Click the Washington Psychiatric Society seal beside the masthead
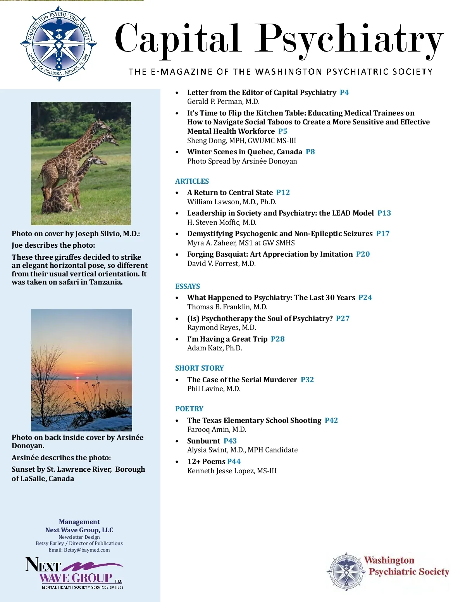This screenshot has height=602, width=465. (x=59, y=43)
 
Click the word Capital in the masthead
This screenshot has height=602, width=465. (x=177, y=39)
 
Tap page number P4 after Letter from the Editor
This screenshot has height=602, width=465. (x=344, y=92)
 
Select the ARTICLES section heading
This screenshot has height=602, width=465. (x=192, y=181)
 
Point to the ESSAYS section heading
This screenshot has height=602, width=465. (x=188, y=286)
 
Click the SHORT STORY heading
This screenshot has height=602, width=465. (x=199, y=368)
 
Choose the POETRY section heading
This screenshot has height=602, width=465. (x=189, y=409)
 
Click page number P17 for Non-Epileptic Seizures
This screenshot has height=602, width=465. (x=382, y=233)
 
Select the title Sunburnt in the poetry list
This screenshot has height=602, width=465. (x=203, y=441)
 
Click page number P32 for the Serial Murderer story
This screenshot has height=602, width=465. (x=307, y=379)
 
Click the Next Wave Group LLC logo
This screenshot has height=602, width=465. (x=74, y=573)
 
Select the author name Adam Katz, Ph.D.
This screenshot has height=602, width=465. (x=214, y=348)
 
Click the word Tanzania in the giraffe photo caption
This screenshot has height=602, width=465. (x=105, y=282)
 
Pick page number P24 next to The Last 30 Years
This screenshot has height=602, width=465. (x=365, y=297)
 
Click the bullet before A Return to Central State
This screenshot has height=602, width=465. (x=177, y=193)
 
